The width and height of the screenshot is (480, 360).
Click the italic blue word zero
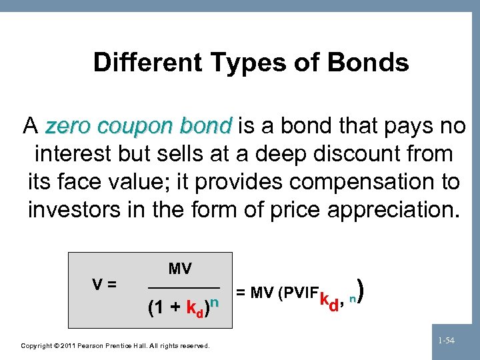pos(64,126)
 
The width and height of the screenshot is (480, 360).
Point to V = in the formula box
pos(103,283)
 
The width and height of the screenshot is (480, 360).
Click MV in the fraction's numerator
pos(179,269)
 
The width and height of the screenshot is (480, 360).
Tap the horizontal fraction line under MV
pos(183,287)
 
